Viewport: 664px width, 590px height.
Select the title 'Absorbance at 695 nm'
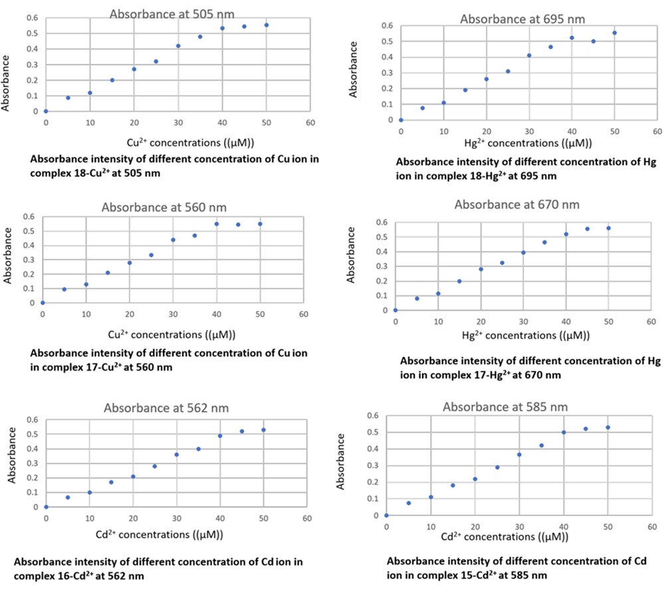[x=514, y=19]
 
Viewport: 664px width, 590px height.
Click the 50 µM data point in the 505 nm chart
[x=266, y=25]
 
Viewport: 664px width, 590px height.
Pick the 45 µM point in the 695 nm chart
[x=594, y=41]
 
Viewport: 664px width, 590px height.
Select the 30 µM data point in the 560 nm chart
[x=173, y=239]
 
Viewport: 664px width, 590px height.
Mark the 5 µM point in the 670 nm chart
[x=417, y=299]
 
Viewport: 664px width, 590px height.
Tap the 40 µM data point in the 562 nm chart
[x=220, y=436]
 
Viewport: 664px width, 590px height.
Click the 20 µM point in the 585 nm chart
[x=475, y=479]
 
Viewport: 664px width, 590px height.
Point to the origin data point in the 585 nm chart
[x=386, y=516]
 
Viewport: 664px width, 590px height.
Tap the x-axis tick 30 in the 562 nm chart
[x=176, y=517]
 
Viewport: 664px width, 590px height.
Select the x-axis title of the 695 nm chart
[x=513, y=142]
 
